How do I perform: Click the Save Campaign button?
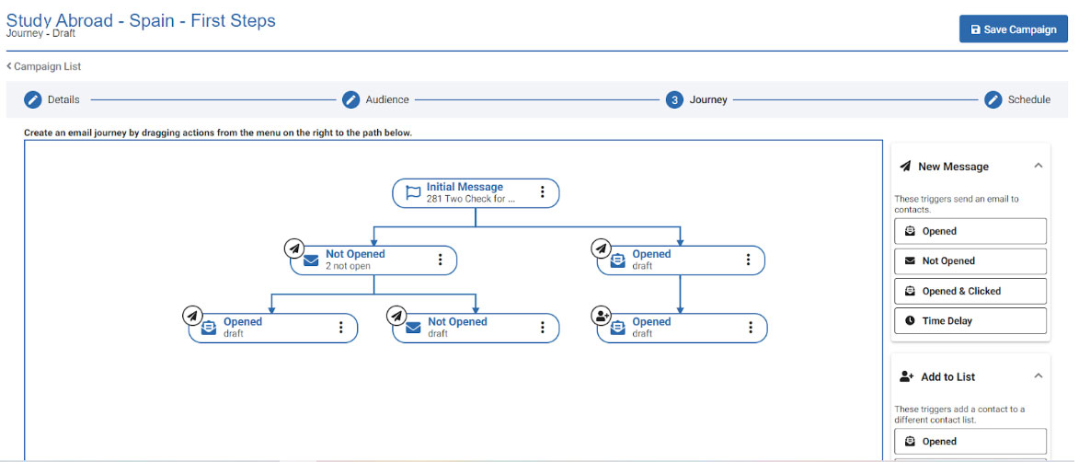tap(1013, 29)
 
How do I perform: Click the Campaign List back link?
tap(44, 67)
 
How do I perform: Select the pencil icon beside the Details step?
tap(33, 99)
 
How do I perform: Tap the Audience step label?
tap(386, 99)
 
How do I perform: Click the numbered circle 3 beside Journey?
tap(674, 99)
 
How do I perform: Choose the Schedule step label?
tap(1028, 99)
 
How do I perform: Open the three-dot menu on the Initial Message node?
tap(542, 191)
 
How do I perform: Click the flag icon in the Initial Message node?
tap(413, 192)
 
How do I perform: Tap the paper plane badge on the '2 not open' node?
tap(294, 248)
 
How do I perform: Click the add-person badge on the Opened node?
tap(602, 316)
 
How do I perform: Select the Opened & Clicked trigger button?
tap(970, 291)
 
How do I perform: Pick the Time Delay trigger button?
tap(970, 321)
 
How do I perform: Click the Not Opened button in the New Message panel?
tap(970, 261)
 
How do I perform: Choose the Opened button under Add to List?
tap(970, 442)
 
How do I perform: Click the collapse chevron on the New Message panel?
tap(1039, 166)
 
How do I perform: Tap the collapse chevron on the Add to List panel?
tap(1039, 375)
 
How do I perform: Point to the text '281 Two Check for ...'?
tap(471, 199)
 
